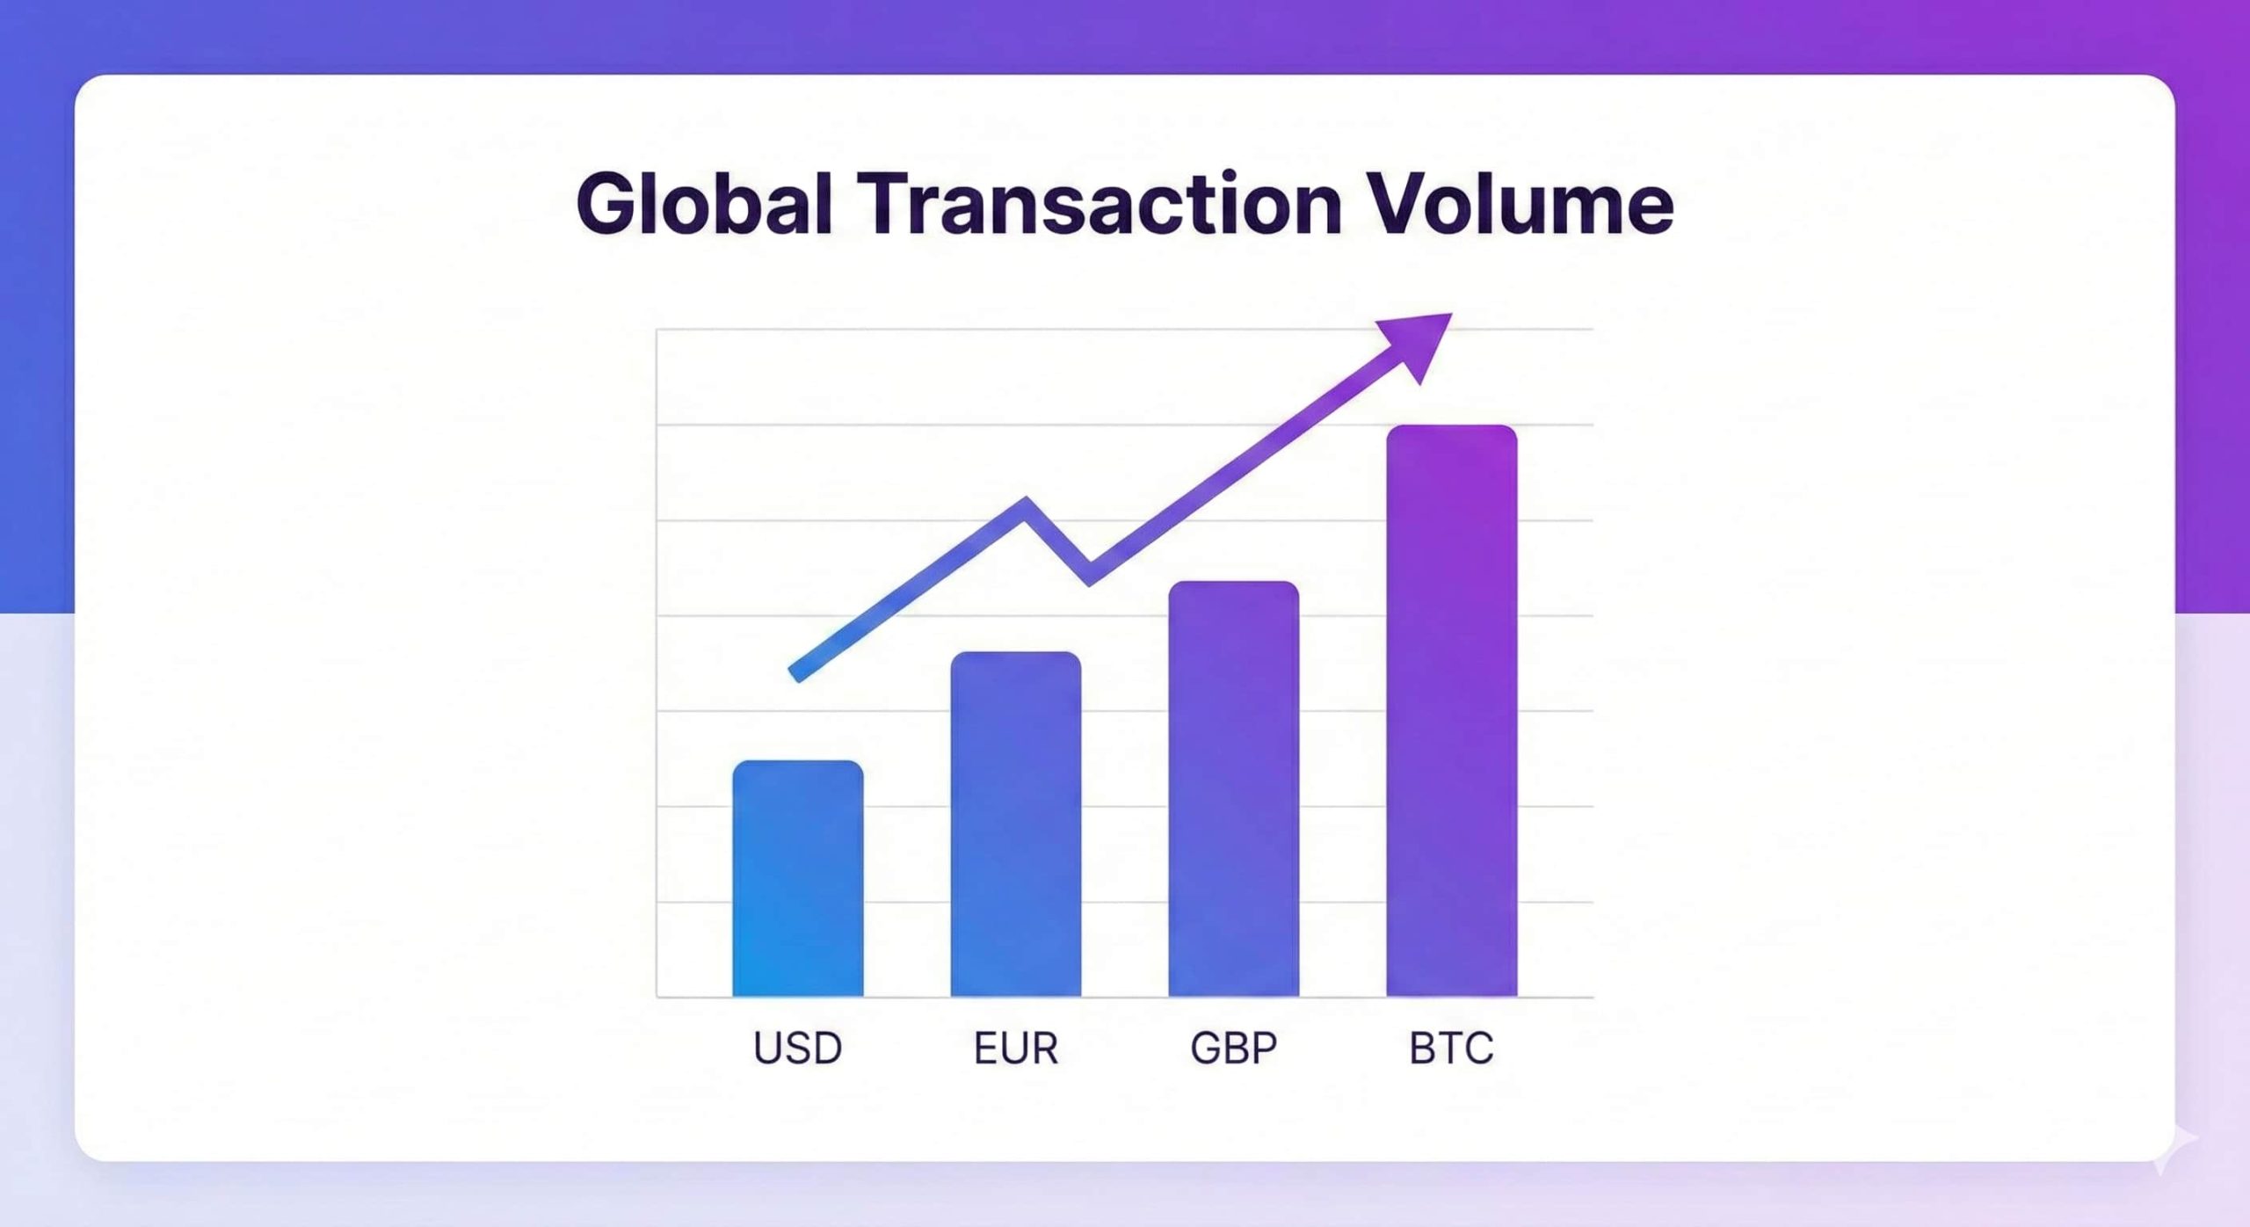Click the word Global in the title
[703, 204]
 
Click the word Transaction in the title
[1105, 204]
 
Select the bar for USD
[798, 879]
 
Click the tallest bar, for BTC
[1451, 712]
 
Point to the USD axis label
[798, 1048]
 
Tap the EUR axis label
[1016, 1048]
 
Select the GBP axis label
[1233, 1048]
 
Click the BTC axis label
[1451, 1048]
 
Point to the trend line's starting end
[796, 673]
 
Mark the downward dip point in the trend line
[1090, 575]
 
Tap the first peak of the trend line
[1026, 506]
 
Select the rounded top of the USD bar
[798, 764]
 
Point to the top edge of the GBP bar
[1233, 584]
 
